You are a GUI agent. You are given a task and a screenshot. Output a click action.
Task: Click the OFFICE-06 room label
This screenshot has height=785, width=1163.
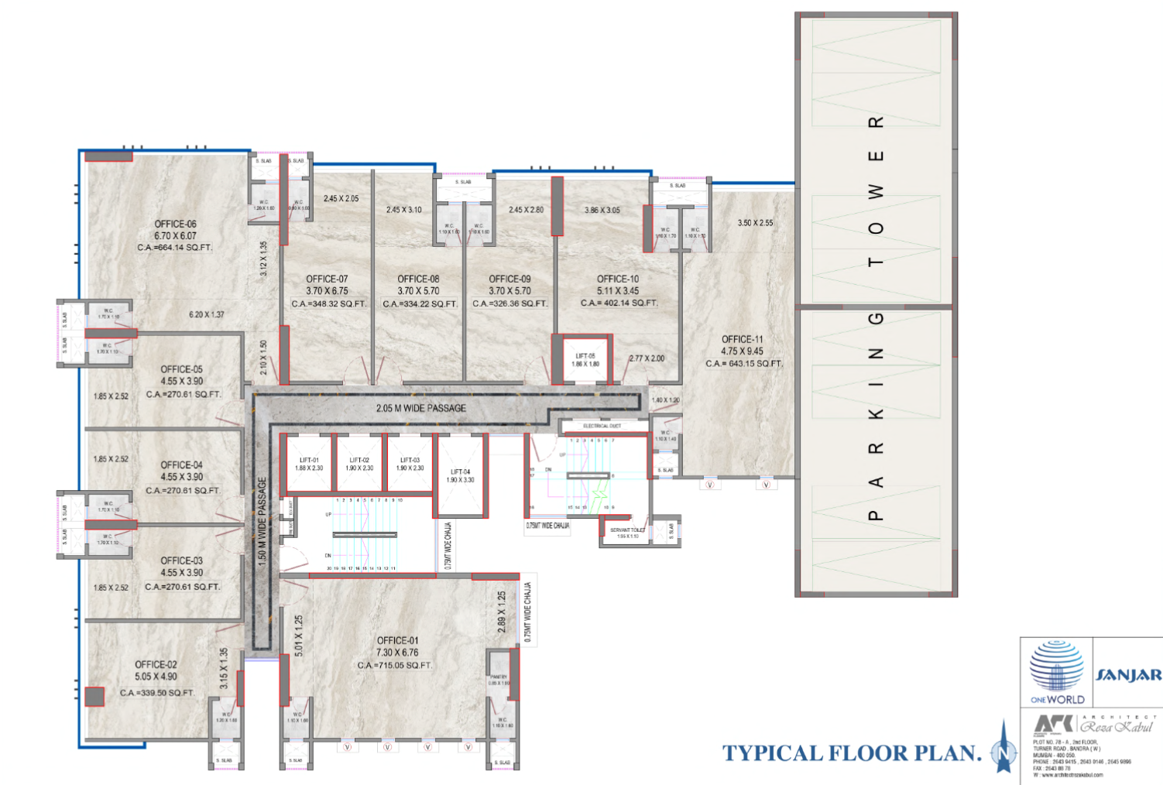175,225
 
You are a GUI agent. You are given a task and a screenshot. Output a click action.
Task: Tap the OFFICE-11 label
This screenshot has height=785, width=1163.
742,339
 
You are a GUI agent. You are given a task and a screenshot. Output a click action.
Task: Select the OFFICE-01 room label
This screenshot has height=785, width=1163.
397,640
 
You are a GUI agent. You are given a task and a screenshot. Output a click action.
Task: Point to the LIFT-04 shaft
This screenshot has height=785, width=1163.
461,476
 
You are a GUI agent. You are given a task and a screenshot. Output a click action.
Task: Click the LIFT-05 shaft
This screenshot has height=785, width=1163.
585,360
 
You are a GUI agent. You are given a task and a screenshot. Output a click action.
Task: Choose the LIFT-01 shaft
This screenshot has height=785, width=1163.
309,464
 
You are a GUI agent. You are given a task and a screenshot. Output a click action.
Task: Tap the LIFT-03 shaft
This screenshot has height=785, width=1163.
410,464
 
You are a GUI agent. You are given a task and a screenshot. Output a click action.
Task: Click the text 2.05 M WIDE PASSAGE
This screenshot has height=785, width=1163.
420,408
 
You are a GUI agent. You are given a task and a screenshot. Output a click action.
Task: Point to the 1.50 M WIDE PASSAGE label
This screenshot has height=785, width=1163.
262,521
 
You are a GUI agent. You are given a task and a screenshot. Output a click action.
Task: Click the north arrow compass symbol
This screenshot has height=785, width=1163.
1004,749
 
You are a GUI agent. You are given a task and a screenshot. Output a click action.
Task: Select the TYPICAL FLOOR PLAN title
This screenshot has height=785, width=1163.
852,753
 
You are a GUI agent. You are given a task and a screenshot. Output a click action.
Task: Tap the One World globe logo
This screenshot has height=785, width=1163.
1057,667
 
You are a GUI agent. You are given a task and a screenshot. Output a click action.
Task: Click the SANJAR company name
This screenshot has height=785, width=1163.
1128,675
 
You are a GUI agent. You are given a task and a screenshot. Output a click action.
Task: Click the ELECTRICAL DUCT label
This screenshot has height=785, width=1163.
602,426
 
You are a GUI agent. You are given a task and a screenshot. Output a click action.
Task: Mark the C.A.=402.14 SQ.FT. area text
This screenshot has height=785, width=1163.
619,303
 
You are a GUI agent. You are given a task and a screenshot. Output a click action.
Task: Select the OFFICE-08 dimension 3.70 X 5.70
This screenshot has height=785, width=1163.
418,291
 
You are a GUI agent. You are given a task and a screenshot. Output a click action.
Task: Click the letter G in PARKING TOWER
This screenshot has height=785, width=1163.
876,319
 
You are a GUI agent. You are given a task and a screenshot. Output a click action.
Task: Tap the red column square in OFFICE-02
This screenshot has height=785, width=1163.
94,696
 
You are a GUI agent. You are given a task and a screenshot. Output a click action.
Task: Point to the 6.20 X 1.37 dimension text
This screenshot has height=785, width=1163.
206,314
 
